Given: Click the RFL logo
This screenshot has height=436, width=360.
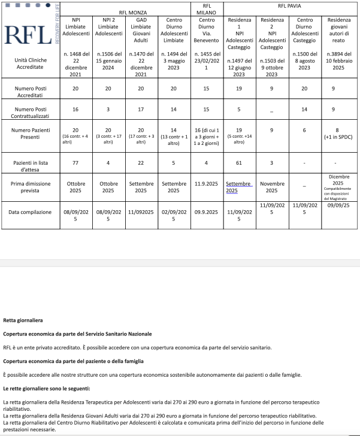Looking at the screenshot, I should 27,35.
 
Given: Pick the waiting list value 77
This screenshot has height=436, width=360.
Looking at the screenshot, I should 75,162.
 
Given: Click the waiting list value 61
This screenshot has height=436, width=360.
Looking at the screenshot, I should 238,162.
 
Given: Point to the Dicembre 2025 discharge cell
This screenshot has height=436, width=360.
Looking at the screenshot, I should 338,186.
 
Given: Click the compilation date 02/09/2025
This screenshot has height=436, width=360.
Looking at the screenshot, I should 174,215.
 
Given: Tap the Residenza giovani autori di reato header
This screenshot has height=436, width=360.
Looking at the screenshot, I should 338,35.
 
